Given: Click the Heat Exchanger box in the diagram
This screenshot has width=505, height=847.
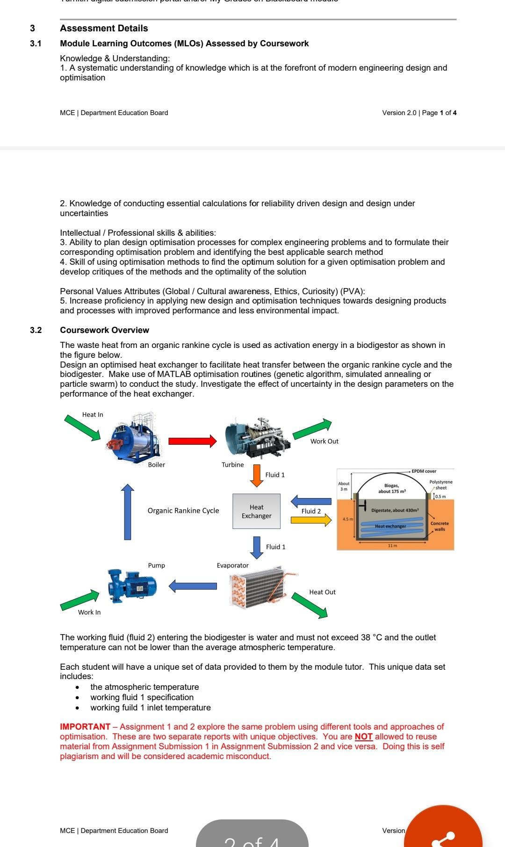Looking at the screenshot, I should point(256,511).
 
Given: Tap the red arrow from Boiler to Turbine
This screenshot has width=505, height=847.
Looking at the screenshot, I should point(192,441).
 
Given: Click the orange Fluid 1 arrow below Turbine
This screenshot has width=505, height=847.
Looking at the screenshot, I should point(256,475).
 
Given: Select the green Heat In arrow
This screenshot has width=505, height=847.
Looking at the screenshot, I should point(83,427).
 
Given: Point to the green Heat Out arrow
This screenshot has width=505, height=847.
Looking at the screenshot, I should point(310,605).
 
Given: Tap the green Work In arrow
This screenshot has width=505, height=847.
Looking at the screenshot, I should point(80,600).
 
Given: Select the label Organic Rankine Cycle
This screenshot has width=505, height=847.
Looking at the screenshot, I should point(183,511).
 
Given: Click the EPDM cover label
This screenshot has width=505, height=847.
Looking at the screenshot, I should point(424,471).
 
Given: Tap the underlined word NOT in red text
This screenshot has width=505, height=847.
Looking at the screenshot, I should point(363,737).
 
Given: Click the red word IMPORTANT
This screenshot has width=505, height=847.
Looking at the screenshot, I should point(85,727).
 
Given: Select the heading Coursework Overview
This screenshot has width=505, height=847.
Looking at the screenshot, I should point(104,330).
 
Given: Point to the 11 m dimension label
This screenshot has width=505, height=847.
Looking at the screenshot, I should point(392,545).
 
